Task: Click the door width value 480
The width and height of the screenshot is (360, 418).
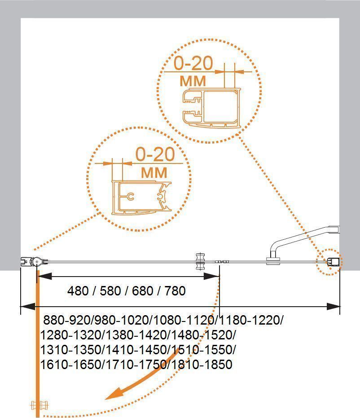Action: click(78, 290)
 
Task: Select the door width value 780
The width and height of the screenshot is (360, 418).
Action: click(175, 290)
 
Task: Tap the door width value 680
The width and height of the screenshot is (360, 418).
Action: click(143, 290)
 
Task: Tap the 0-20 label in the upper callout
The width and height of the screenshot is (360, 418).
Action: click(193, 63)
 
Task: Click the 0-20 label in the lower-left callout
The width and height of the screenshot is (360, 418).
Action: click(155, 154)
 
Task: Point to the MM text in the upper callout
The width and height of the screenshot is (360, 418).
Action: click(193, 81)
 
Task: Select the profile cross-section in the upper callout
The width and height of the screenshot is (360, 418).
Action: click(211, 108)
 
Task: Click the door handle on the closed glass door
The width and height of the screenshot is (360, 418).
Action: click(199, 262)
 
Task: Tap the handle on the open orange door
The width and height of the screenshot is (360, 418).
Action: click(40, 405)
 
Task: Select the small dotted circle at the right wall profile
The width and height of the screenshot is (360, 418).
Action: click(329, 262)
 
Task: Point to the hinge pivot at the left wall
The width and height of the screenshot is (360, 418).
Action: click(36, 262)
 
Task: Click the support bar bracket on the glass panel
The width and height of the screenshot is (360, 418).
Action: click(273, 260)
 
